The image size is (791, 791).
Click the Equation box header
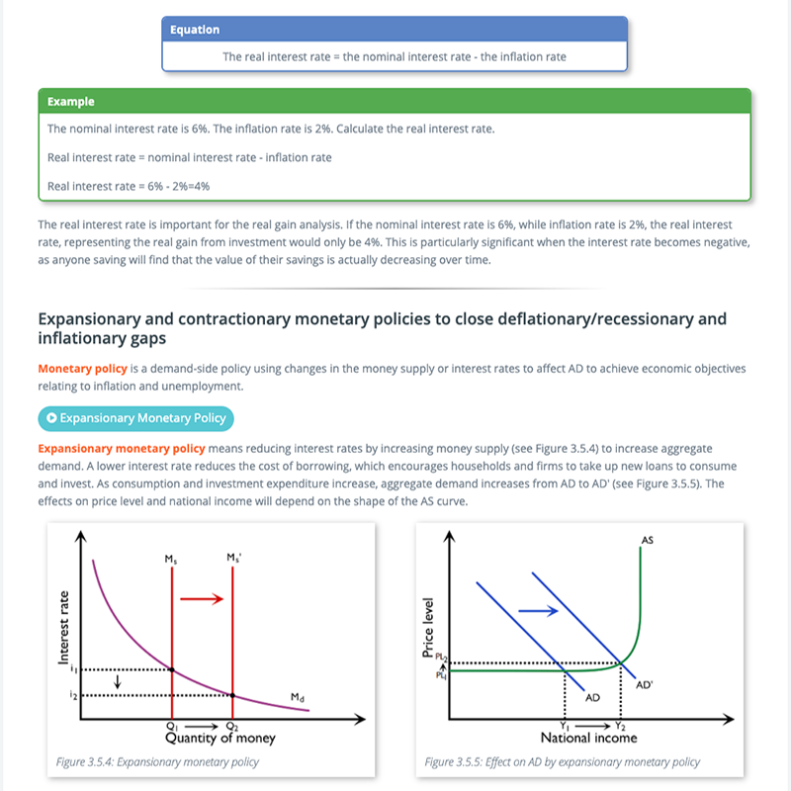point(395,30)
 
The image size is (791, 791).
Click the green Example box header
point(395,102)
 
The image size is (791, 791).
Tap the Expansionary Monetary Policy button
point(135,418)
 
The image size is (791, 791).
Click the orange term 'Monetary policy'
point(83,369)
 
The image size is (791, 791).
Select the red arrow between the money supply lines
point(202,599)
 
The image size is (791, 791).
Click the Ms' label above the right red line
point(233,558)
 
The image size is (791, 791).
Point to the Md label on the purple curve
point(298,697)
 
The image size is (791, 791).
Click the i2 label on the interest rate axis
point(73,695)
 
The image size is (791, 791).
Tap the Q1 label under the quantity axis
point(172,727)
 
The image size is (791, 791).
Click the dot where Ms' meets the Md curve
point(232,695)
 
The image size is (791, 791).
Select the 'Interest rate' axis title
point(63,627)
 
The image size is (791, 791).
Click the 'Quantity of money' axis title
point(220,738)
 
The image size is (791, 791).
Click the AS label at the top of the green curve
point(647,540)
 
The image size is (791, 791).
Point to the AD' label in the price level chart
point(645,685)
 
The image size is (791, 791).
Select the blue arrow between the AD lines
point(538,611)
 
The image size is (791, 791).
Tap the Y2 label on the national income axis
point(620,727)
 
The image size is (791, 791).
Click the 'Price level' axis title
point(428,628)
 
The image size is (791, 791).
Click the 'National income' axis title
point(588,738)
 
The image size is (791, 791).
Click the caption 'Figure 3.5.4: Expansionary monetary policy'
point(157,761)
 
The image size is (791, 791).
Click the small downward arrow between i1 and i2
point(118,682)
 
